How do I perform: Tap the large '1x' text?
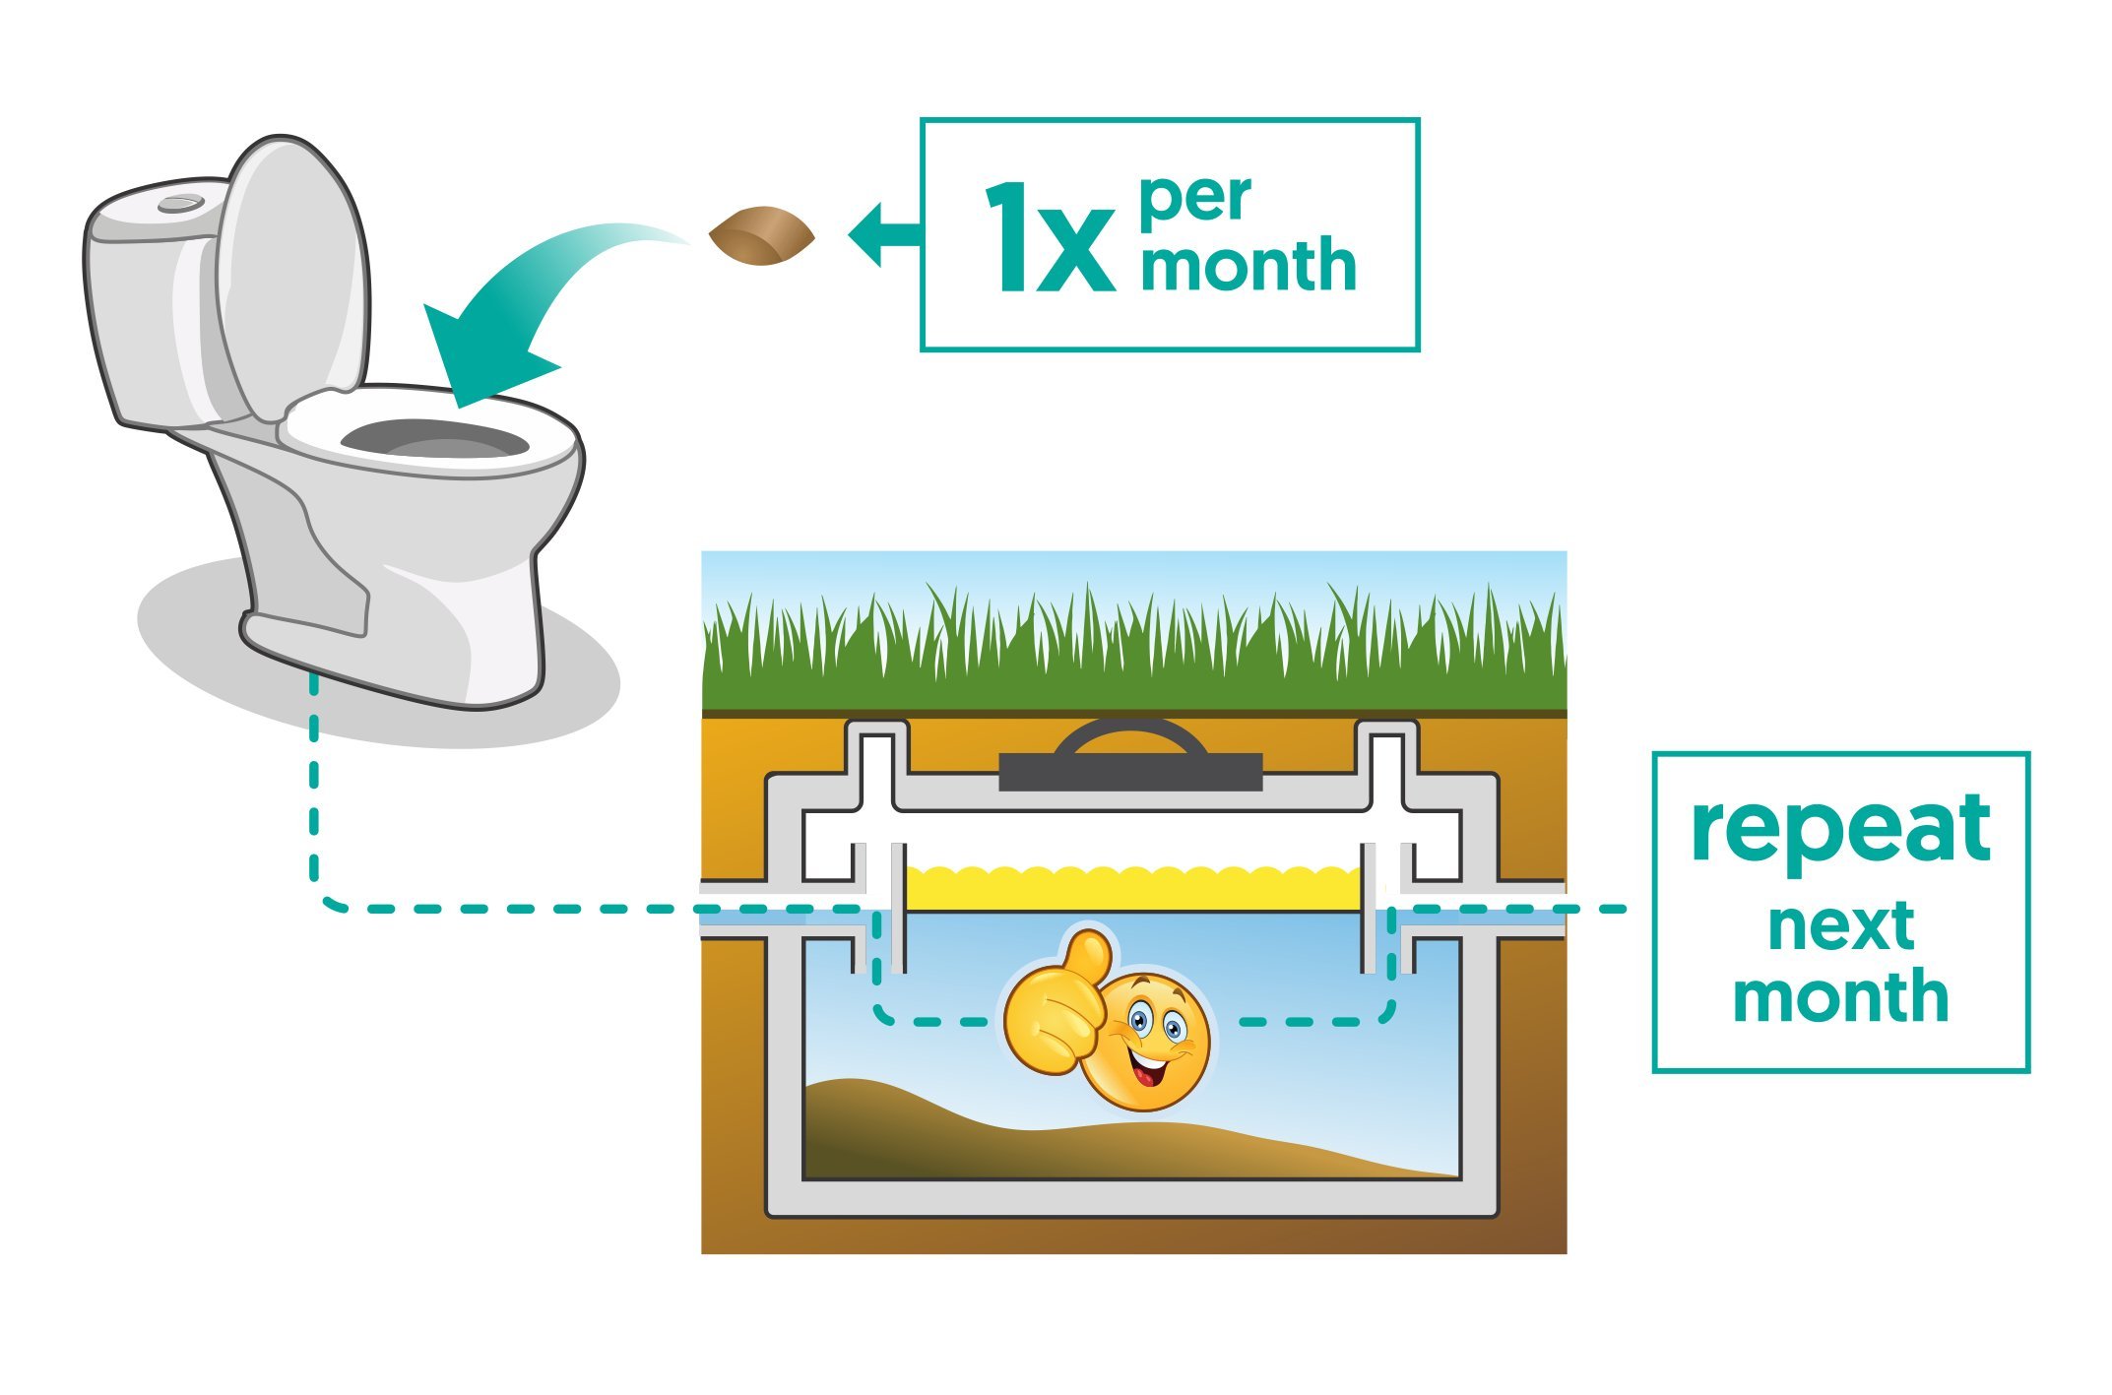(x=1049, y=239)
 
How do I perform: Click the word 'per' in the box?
(x=1195, y=199)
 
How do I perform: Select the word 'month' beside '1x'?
(x=1248, y=265)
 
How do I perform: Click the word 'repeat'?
(x=1840, y=830)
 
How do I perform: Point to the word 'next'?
(x=1840, y=926)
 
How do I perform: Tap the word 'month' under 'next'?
(x=1840, y=996)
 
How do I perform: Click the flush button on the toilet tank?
(x=181, y=203)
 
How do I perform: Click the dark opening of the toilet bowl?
(x=433, y=439)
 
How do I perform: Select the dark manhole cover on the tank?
(x=1130, y=768)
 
